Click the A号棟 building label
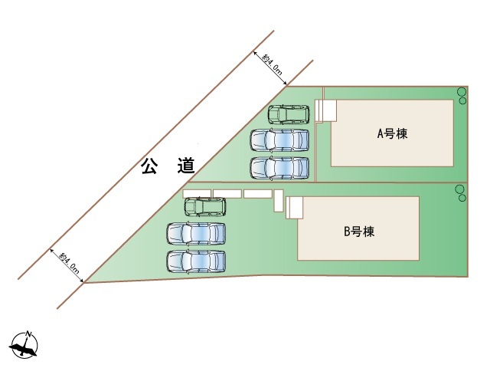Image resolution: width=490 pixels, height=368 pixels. coord(392,134)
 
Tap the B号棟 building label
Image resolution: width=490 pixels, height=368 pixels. coord(359,232)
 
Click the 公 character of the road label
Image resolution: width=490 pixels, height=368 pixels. coord(149,166)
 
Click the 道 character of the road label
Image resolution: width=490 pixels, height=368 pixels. coord(187,166)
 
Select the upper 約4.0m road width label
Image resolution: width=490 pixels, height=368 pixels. coord(273,64)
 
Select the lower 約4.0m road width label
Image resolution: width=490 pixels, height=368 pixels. coord(69,262)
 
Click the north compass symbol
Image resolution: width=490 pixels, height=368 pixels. coord(24,345)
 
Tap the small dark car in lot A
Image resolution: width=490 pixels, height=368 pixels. coord(289,114)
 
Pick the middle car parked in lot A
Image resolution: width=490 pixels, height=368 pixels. coord(279,140)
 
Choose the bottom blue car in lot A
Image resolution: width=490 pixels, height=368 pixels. coord(279,168)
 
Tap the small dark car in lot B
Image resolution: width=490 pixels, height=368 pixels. coord(205,207)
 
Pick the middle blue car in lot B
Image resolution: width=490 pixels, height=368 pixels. coord(196,234)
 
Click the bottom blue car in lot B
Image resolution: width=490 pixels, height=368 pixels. coord(196,261)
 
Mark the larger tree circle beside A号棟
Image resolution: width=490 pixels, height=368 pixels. coord(462,92)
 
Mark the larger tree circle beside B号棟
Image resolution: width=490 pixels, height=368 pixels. coord(460,189)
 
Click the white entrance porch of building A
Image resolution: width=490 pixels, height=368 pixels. coord(325,110)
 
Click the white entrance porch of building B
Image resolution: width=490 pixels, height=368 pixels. coord(294,208)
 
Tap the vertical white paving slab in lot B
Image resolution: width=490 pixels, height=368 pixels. coord(279,201)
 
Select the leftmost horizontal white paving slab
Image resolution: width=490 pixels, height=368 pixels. coord(197,194)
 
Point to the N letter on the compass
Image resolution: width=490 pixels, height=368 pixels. coord(29,333)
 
